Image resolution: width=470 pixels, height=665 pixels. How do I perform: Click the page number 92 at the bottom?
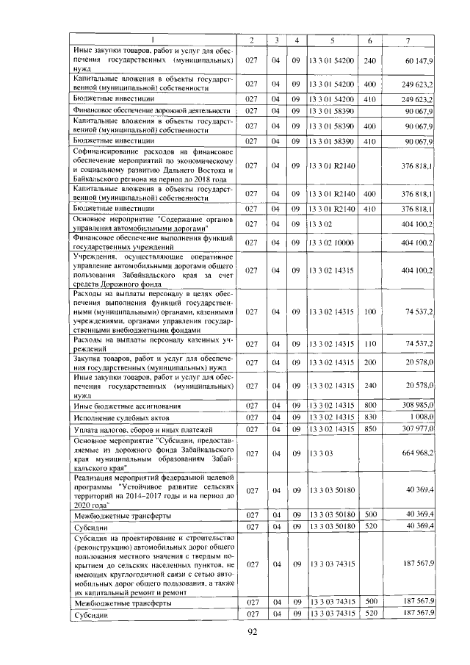250,633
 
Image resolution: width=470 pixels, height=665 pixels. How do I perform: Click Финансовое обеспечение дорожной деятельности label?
148,111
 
